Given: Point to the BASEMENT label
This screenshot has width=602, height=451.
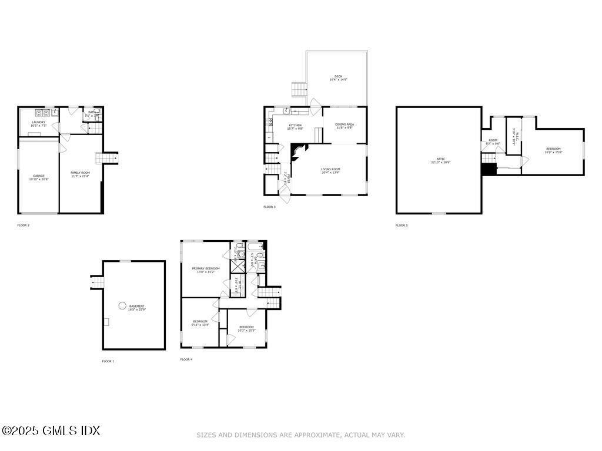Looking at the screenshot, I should coord(136,308).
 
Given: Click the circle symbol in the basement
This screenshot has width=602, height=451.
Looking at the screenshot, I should coord(122,305).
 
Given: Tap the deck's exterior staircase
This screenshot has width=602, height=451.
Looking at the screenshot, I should coord(300,90).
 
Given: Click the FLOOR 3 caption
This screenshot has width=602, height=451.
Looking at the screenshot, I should coord(269,207).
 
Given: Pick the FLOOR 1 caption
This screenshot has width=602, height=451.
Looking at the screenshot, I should coord(108,361).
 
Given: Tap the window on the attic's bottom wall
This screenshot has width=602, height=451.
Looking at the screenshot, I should coord(439,213).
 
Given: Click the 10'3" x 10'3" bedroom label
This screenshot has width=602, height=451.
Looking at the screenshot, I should coord(246,328).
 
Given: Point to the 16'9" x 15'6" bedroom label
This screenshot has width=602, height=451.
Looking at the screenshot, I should coord(553,150).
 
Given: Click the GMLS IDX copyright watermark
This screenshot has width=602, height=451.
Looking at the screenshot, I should coord(51,430).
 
